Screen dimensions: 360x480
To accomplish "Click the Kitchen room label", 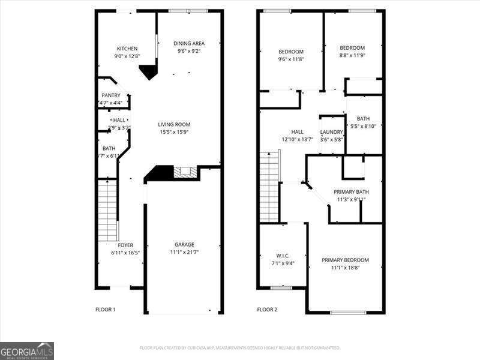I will click(127, 49).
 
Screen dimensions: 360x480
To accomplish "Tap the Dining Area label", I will click(189, 43).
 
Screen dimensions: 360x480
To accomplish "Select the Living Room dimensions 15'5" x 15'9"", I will click(175, 132).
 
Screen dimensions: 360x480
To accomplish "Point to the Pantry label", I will click(111, 95).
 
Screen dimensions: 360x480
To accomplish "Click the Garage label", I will click(184, 245).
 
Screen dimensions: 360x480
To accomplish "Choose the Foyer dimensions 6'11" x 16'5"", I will click(125, 253).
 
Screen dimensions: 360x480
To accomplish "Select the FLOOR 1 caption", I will click(106, 310).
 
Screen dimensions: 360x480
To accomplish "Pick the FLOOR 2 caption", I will click(268, 310).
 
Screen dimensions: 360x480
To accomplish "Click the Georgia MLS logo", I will click(27, 350).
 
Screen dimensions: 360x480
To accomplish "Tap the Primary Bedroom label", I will click(345, 260).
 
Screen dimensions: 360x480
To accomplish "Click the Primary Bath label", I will click(351, 191).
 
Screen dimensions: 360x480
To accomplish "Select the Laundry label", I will click(332, 132).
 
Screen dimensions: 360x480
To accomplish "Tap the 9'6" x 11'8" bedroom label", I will click(291, 52).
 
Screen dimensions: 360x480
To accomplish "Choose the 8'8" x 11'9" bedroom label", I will click(352, 48).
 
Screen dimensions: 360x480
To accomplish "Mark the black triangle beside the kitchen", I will click(148, 73).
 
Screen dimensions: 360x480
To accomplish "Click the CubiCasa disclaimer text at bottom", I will click(240, 347).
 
